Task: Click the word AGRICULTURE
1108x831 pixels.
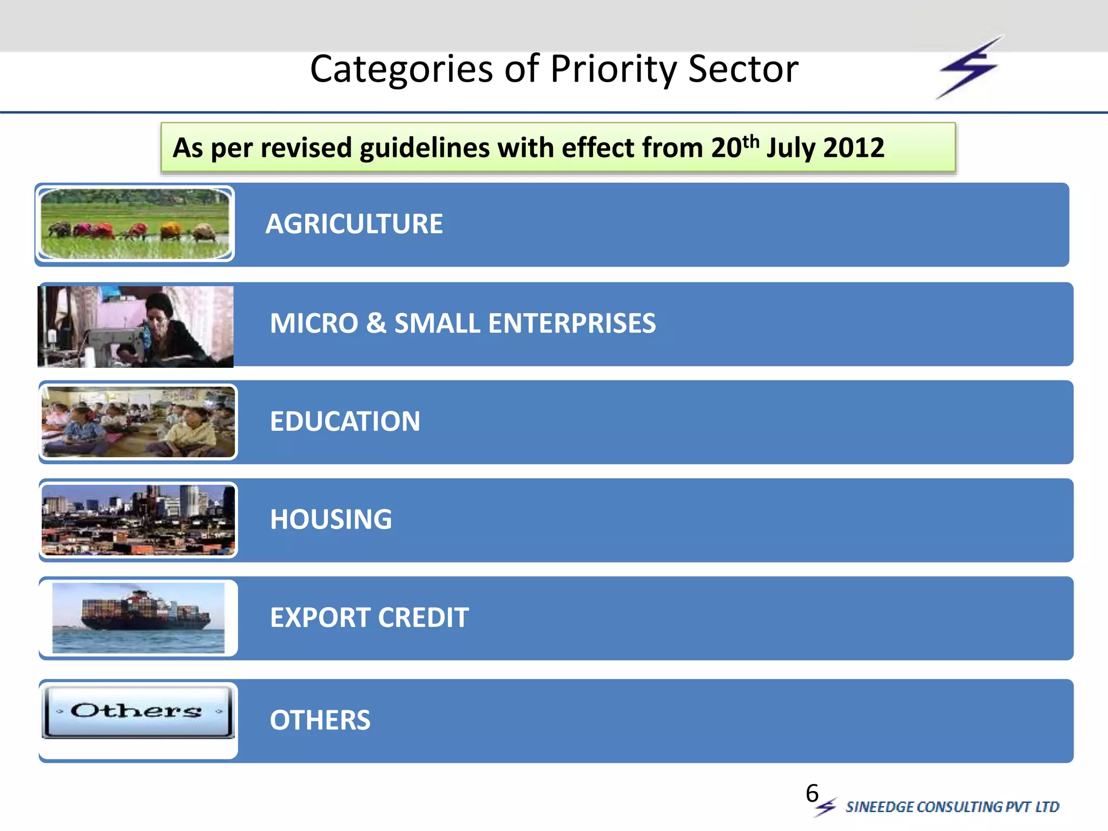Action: click(354, 224)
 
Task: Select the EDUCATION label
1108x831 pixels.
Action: click(345, 421)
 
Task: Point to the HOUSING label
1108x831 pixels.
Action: click(331, 519)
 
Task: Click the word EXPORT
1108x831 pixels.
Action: click(319, 617)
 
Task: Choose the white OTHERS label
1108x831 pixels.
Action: click(320, 720)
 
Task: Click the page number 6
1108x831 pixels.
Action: click(812, 794)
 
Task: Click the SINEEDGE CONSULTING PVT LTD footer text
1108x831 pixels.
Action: click(952, 807)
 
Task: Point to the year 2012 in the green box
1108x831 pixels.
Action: click(853, 148)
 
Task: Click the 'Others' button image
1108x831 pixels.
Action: click(137, 711)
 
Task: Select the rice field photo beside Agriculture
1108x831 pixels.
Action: click(135, 223)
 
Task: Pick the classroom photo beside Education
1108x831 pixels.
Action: click(138, 422)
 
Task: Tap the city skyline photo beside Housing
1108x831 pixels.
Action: click(138, 520)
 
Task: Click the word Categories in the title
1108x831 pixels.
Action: click(401, 69)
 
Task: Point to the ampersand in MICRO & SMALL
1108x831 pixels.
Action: click(376, 324)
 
